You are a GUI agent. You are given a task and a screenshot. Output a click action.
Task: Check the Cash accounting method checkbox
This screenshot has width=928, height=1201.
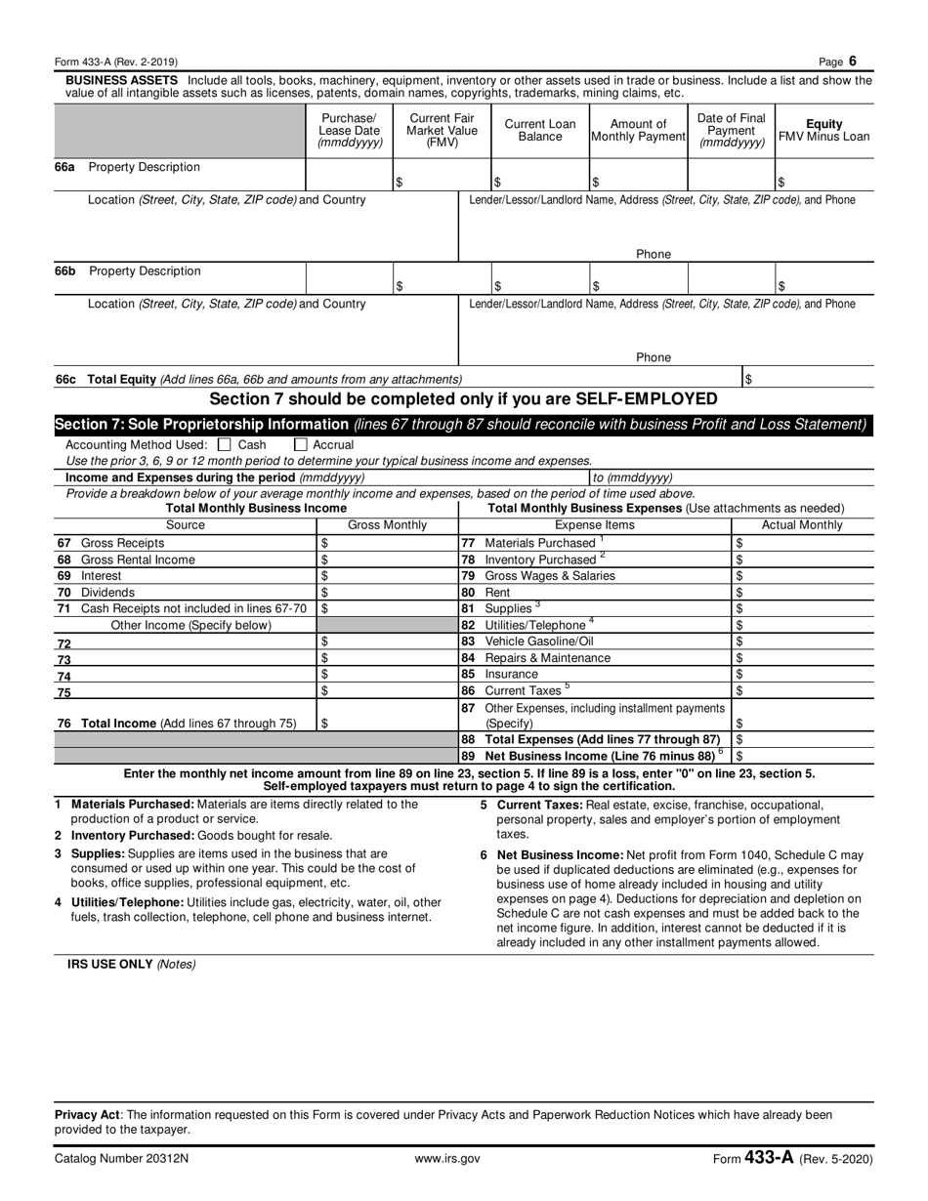click(x=225, y=444)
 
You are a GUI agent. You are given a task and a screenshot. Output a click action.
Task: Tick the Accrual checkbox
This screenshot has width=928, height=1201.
click(x=301, y=444)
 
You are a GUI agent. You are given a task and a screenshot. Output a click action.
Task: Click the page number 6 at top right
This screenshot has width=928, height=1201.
click(x=852, y=60)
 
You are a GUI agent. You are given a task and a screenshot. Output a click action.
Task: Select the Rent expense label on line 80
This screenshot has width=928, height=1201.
click(x=497, y=593)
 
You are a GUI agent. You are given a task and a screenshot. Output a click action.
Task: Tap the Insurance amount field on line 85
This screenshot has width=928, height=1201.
click(x=801, y=674)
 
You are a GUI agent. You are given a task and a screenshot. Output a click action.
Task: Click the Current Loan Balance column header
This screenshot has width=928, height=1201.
click(x=539, y=131)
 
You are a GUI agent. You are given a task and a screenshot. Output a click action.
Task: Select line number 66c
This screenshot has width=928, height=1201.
click(x=64, y=379)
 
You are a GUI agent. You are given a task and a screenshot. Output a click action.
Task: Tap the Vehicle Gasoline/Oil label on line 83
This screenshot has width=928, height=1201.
click(x=538, y=642)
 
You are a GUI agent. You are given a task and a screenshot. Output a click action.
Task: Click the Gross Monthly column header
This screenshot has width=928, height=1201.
click(x=388, y=525)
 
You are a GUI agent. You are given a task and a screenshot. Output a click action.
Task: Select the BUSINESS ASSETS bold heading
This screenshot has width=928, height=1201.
click(x=121, y=80)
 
